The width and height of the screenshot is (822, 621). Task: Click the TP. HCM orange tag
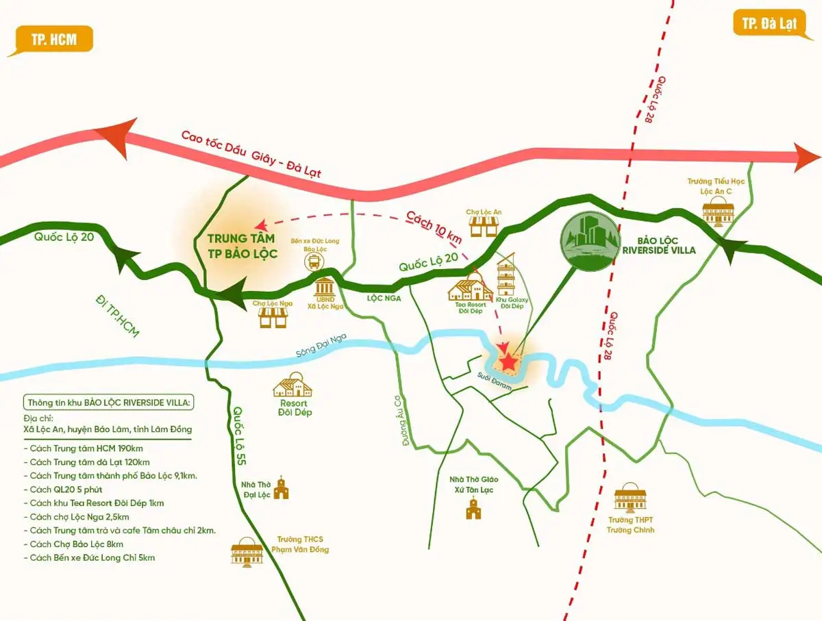(53, 40)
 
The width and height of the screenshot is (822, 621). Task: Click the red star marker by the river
(509, 362)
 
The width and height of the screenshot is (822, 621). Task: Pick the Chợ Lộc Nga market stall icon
(273, 316)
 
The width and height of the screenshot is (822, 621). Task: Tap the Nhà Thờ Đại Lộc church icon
(281, 488)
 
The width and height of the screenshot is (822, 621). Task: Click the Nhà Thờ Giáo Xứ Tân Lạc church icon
(472, 509)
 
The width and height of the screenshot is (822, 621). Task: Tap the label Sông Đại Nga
(316, 350)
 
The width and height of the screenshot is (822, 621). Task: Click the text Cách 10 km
(434, 227)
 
